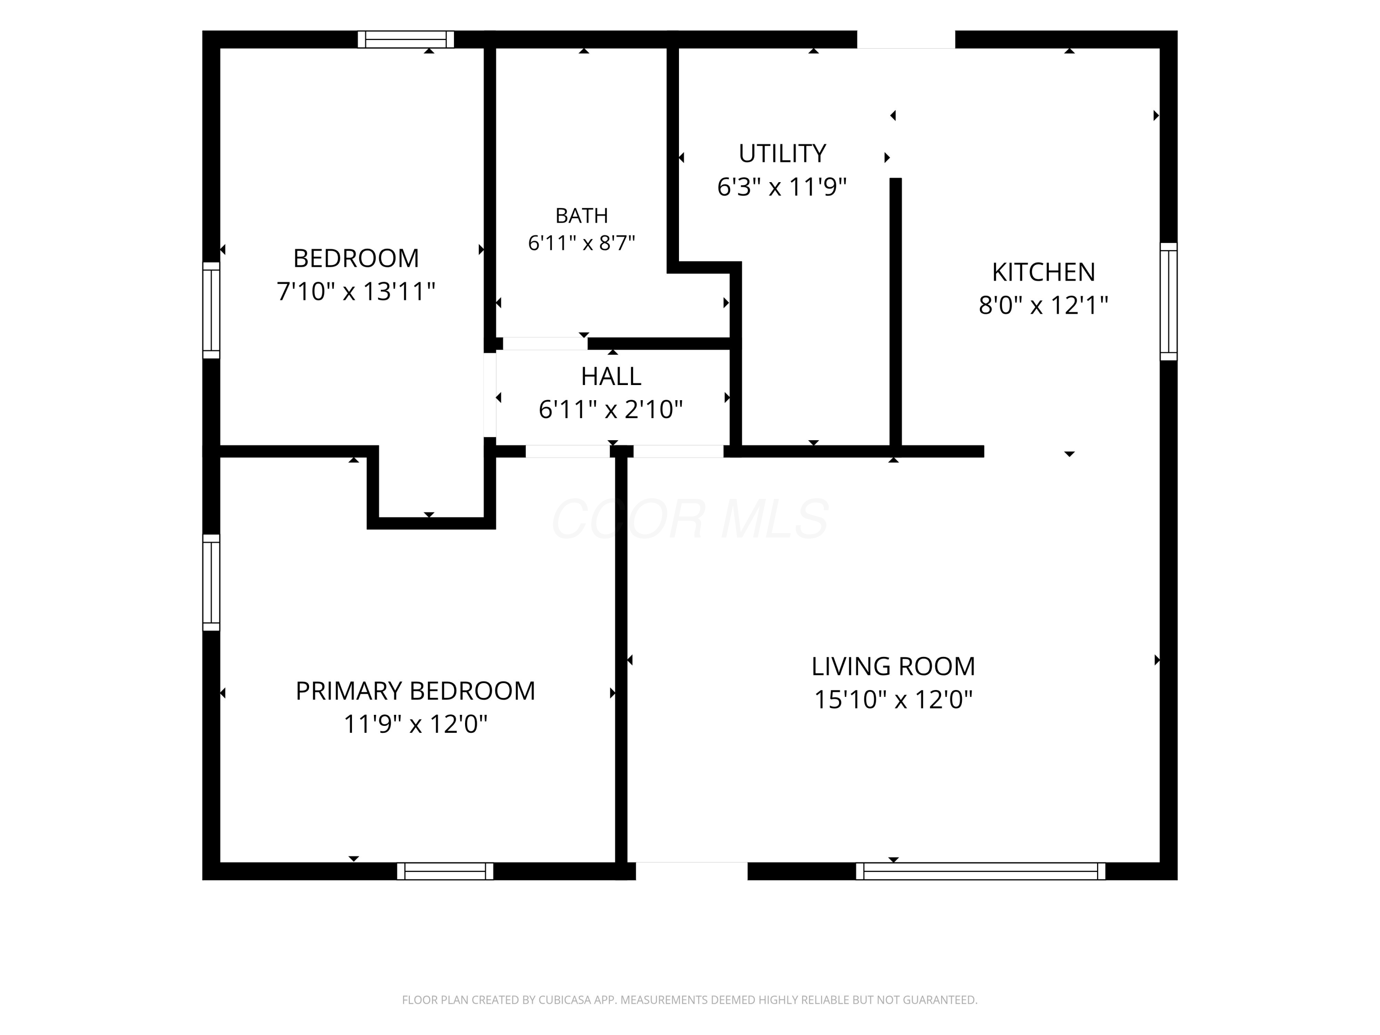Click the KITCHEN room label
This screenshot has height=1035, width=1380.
coord(1043,272)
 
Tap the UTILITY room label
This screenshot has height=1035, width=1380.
coord(782,154)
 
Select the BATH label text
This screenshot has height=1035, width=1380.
coord(581,216)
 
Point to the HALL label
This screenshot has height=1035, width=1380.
coord(611,376)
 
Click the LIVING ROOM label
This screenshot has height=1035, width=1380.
coord(893,666)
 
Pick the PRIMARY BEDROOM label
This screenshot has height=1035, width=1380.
coord(415,690)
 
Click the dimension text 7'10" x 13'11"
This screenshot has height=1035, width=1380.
coord(356,291)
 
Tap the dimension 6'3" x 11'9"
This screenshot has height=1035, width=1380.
coord(782,187)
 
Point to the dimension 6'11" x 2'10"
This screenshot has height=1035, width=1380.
coord(611,410)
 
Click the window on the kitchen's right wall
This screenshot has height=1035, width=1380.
coord(1168,302)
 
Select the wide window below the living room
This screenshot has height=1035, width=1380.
coord(980,871)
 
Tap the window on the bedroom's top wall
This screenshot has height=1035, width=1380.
coord(406,39)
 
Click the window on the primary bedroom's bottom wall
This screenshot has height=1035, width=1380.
coord(445,871)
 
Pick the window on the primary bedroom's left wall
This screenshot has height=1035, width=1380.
coord(212,582)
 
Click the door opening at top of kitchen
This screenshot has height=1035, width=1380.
coord(906,39)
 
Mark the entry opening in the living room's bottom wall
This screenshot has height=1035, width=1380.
coord(691,871)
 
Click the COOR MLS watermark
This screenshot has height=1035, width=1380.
coord(690,519)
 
